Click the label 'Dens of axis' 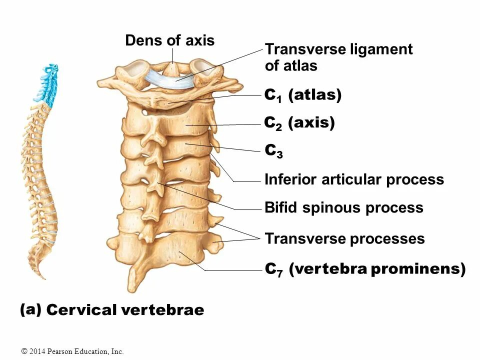pyautogui.click(x=169, y=40)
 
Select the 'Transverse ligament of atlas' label pyautogui.click(x=338, y=57)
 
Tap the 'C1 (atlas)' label pyautogui.click(x=302, y=95)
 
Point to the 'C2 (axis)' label pyautogui.click(x=299, y=122)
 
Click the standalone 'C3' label pyautogui.click(x=273, y=150)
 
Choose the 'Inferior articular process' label pyautogui.click(x=354, y=179)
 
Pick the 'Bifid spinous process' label pyautogui.click(x=343, y=207)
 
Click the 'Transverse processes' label pyautogui.click(x=344, y=238)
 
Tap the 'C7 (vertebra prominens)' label pyautogui.click(x=365, y=269)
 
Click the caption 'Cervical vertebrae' pyautogui.click(x=125, y=310)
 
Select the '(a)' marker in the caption pyautogui.click(x=30, y=309)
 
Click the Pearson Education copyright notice pyautogui.click(x=72, y=351)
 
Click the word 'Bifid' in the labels pyautogui.click(x=280, y=207)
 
